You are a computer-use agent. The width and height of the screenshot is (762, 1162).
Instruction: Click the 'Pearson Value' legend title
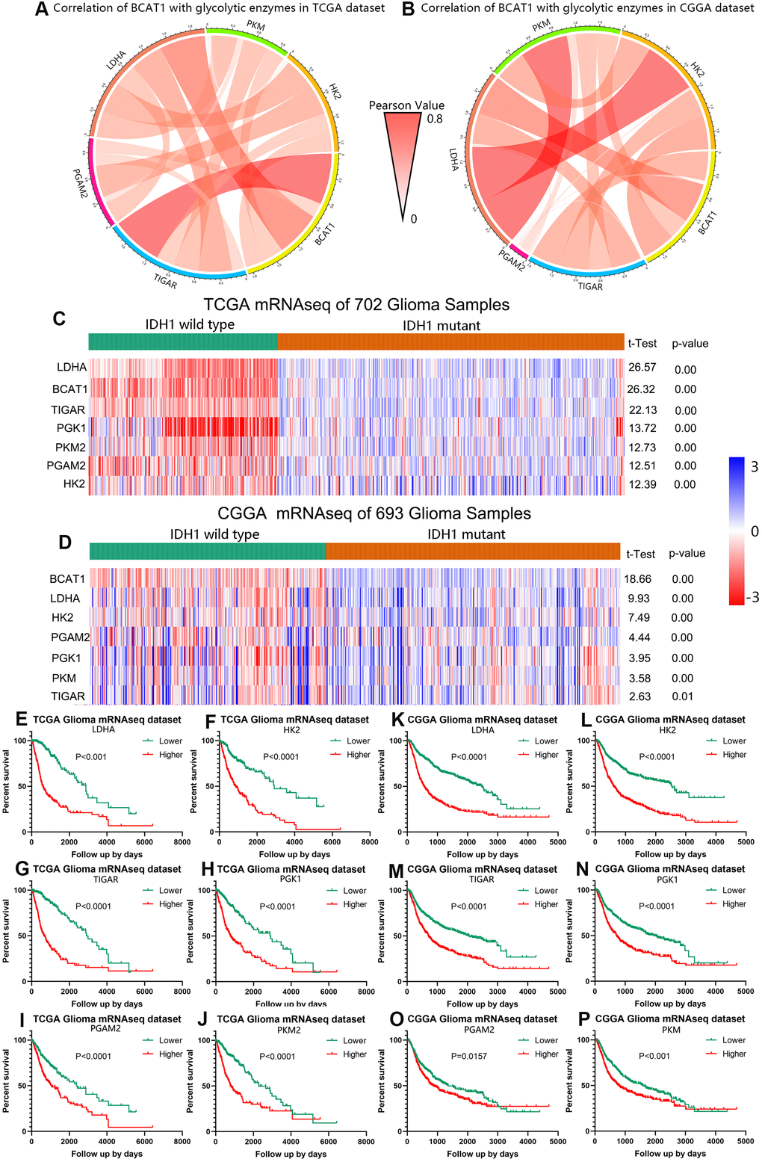point(406,105)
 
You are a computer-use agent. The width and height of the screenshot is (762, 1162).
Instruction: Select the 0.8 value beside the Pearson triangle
point(435,119)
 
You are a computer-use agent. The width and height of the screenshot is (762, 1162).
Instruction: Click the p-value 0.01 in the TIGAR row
point(683,696)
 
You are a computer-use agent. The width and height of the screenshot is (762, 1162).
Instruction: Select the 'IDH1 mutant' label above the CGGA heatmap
point(466,534)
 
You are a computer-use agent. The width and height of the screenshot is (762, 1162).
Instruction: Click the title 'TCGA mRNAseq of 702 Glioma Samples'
point(357,305)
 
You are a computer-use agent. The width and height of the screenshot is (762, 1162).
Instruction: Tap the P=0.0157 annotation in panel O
point(469,1057)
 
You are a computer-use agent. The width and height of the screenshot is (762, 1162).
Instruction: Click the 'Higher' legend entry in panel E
point(170,755)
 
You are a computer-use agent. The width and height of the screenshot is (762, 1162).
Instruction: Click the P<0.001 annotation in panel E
point(91,757)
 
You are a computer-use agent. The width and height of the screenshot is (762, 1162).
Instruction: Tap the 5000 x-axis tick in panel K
point(557,842)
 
